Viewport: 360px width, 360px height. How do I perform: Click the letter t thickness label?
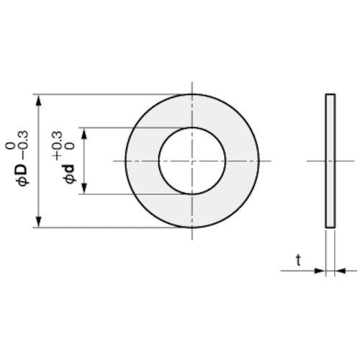[x=298, y=261]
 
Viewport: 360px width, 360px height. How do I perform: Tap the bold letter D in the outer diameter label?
[x=23, y=170]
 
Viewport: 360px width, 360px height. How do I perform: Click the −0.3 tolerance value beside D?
[x=24, y=145]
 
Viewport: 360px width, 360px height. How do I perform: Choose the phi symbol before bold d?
[x=70, y=179]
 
